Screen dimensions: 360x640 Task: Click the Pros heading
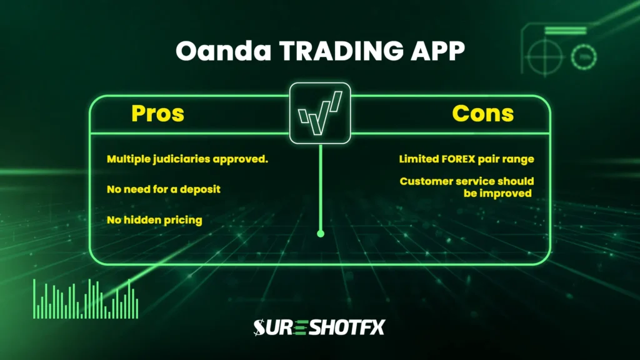pyautogui.click(x=157, y=113)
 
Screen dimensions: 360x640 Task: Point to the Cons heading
pyautogui.click(x=483, y=113)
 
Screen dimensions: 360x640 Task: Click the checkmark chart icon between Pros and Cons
pyautogui.click(x=321, y=114)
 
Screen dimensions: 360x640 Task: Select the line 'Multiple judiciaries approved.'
pyautogui.click(x=187, y=159)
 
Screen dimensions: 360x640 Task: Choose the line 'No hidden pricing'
pyautogui.click(x=154, y=220)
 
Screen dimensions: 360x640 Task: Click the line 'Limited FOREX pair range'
pyautogui.click(x=467, y=159)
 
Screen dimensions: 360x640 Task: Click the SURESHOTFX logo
pyautogui.click(x=319, y=327)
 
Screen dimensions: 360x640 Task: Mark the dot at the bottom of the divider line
pyautogui.click(x=321, y=234)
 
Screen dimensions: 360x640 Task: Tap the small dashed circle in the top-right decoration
pyautogui.click(x=584, y=57)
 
